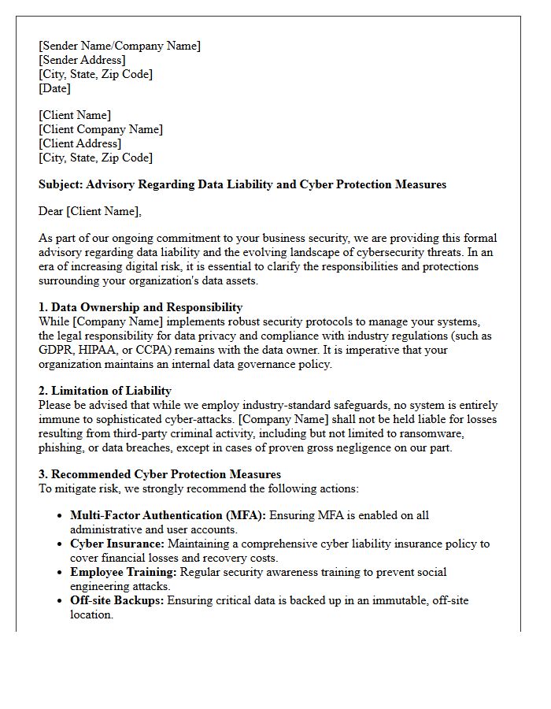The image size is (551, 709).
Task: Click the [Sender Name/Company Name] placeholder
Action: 120,46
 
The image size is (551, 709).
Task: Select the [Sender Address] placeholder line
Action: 82,60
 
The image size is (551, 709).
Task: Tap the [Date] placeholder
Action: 55,88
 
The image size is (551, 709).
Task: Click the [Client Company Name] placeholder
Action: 101,129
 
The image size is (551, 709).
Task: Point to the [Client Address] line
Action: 80,143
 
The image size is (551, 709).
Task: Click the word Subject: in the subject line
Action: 64,184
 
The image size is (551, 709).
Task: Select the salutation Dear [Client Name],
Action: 91,211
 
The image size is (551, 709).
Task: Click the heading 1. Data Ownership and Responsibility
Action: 140,307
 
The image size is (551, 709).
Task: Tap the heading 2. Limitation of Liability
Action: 105,391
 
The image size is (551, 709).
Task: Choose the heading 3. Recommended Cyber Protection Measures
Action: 160,474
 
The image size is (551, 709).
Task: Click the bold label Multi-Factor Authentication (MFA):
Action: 168,515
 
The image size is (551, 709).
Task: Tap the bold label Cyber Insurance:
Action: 117,544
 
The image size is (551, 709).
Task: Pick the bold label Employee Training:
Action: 122,572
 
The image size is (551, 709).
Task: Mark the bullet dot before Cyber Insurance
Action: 61,544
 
